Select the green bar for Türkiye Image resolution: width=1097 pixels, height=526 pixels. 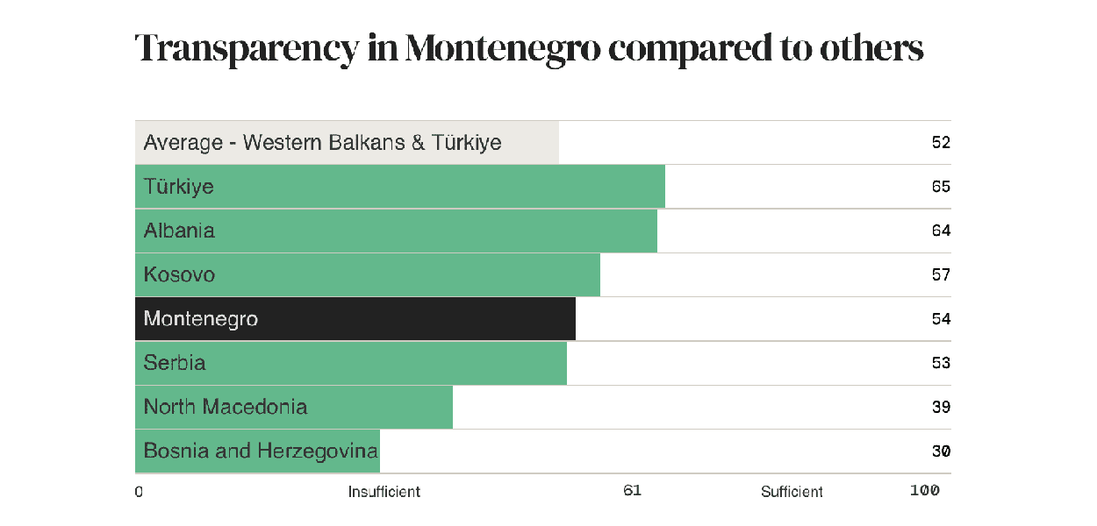click(399, 187)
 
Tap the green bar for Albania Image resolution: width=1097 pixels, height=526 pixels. click(396, 231)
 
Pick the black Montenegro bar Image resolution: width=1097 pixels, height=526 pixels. click(355, 319)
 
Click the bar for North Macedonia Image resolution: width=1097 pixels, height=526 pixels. click(293, 407)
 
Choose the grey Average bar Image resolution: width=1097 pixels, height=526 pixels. click(347, 142)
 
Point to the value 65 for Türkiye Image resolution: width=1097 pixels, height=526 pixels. click(941, 187)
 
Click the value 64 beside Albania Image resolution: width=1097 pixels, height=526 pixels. click(941, 231)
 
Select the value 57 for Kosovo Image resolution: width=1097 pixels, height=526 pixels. click(941, 274)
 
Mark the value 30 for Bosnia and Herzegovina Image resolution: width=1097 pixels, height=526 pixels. click(941, 451)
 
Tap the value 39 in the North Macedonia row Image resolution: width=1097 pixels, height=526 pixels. click(941, 407)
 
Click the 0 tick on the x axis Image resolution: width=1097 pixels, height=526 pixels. click(139, 492)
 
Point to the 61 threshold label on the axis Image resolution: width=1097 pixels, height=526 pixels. click(633, 491)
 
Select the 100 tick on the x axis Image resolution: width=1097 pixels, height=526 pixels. click(925, 491)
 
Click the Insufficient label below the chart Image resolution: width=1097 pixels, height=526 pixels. click(384, 492)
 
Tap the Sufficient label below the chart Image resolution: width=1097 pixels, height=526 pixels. click(792, 492)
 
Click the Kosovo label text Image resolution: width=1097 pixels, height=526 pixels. click(179, 274)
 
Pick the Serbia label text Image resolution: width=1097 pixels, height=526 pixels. click(175, 363)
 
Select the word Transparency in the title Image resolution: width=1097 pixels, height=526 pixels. click(247, 50)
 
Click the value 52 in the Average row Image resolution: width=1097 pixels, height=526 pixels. click(941, 142)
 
